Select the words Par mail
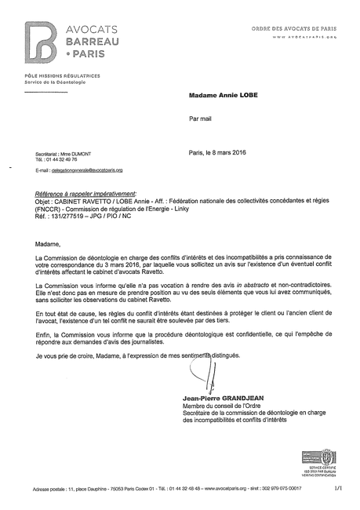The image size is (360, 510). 200,122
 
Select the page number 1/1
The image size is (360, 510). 339,487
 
